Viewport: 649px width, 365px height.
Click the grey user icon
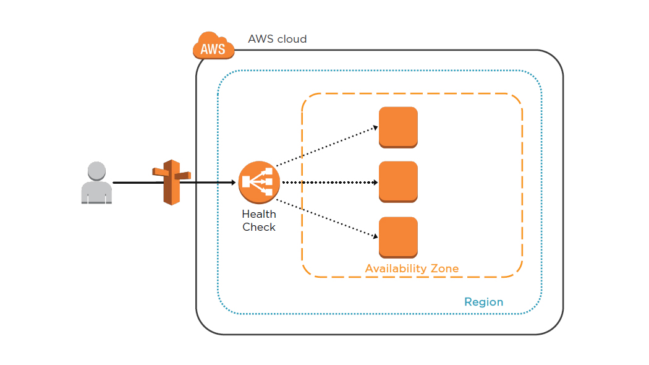[x=96, y=183]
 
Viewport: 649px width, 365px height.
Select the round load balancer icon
[x=259, y=182]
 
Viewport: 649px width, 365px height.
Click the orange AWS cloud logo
[x=214, y=46]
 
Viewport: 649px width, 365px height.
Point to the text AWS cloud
[x=278, y=39]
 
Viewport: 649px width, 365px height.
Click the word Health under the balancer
[x=259, y=214]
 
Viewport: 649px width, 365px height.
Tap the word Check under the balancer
[x=259, y=227]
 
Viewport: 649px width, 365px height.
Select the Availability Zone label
[x=412, y=268]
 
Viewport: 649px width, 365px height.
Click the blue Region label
[x=483, y=302]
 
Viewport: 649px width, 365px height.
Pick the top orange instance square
[x=398, y=127]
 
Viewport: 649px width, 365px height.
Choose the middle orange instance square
[x=398, y=182]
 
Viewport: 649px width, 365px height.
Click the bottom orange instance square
[x=398, y=238]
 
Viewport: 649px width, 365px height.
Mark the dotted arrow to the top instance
[x=326, y=147]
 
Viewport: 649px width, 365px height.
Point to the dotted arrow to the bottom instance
[x=326, y=218]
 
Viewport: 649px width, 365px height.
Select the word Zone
[x=444, y=268]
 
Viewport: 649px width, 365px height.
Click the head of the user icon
[x=96, y=171]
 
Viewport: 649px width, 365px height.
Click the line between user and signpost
[x=132, y=182]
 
